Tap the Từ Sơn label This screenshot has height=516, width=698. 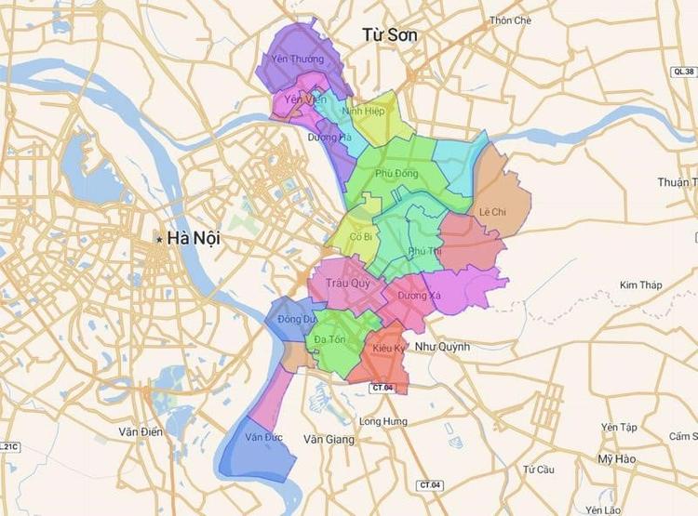[x=390, y=34]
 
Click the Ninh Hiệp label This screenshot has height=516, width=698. [x=363, y=111]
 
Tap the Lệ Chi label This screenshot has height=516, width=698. [x=492, y=211]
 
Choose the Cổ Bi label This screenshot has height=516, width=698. [x=360, y=237]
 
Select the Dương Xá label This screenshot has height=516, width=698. [x=411, y=296]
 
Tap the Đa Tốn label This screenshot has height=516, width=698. [x=330, y=339]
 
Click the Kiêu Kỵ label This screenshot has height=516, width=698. [x=389, y=348]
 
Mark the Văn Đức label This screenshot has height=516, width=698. [x=264, y=435]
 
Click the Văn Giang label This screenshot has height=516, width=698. [x=329, y=439]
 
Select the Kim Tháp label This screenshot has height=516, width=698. [x=641, y=284]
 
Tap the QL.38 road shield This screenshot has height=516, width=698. [x=683, y=70]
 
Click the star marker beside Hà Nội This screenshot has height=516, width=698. [x=160, y=239]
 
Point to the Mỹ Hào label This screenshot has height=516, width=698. [x=617, y=459]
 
